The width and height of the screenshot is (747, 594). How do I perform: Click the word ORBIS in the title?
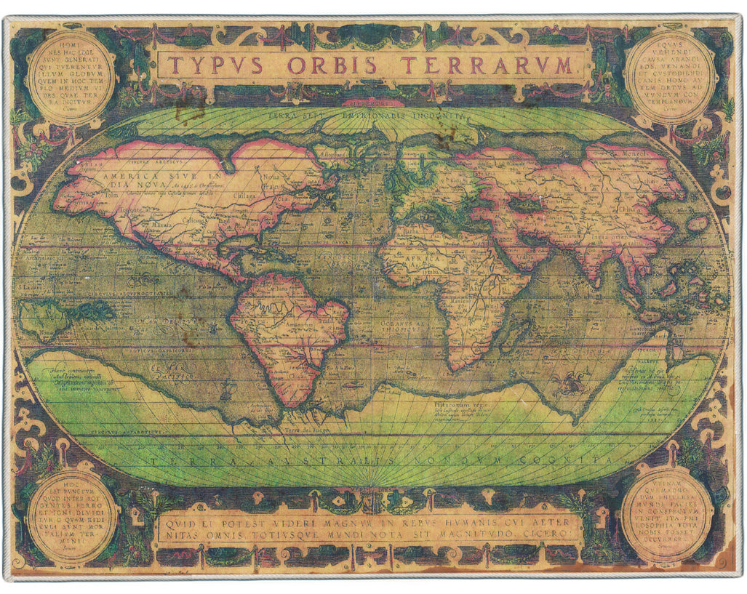pyautogui.click(x=332, y=66)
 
